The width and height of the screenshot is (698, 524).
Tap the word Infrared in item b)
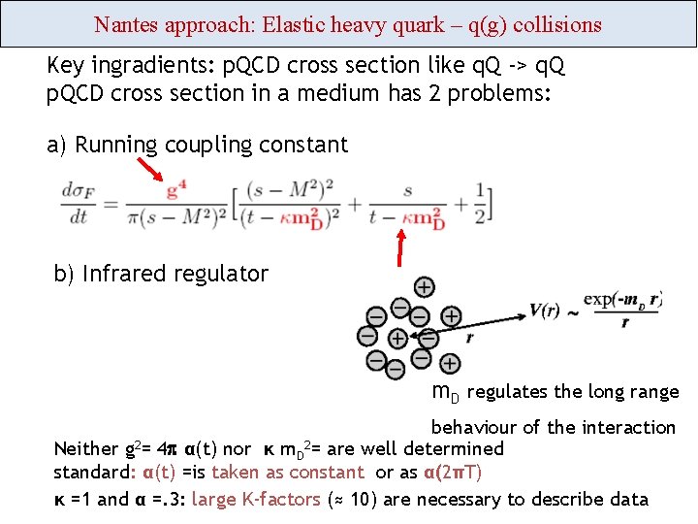tap(121, 274)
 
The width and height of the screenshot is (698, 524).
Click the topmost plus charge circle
tap(424, 286)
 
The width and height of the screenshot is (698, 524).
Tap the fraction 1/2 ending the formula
tap(481, 204)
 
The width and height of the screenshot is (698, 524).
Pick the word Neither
tap(85, 448)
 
